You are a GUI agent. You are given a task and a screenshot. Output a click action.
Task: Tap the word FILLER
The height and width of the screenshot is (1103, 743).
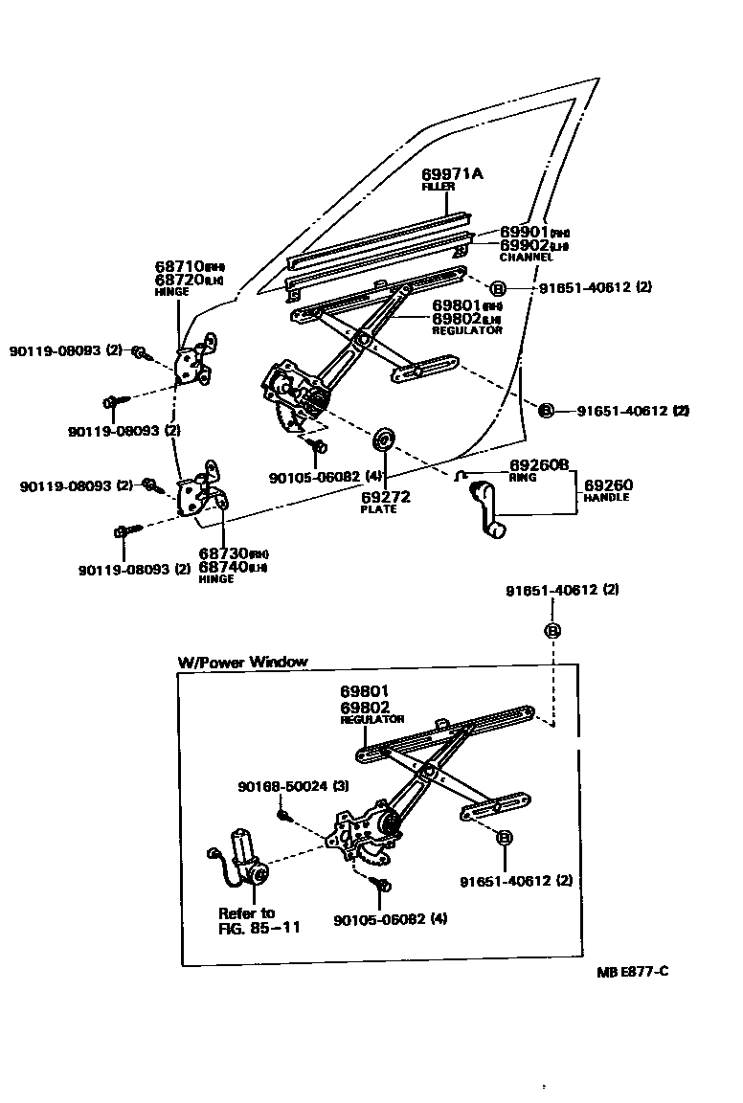coord(438,187)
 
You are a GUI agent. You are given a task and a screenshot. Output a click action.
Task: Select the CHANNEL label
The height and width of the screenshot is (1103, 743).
coord(526,258)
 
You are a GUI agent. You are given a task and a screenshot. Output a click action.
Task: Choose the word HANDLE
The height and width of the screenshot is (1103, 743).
coord(606,498)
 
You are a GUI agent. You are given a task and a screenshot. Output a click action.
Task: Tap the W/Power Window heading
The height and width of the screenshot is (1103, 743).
coord(243,662)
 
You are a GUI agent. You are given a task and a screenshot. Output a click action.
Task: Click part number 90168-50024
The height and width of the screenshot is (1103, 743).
coord(281,786)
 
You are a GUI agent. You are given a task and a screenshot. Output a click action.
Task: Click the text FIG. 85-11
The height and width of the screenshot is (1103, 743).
coord(259,928)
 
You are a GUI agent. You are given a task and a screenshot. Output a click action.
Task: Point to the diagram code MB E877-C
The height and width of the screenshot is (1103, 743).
coord(632,972)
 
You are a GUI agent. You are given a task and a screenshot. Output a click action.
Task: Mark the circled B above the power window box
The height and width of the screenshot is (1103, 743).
coord(552,630)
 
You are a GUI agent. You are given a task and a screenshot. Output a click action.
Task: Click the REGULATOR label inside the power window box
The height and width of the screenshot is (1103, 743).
coord(372,719)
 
